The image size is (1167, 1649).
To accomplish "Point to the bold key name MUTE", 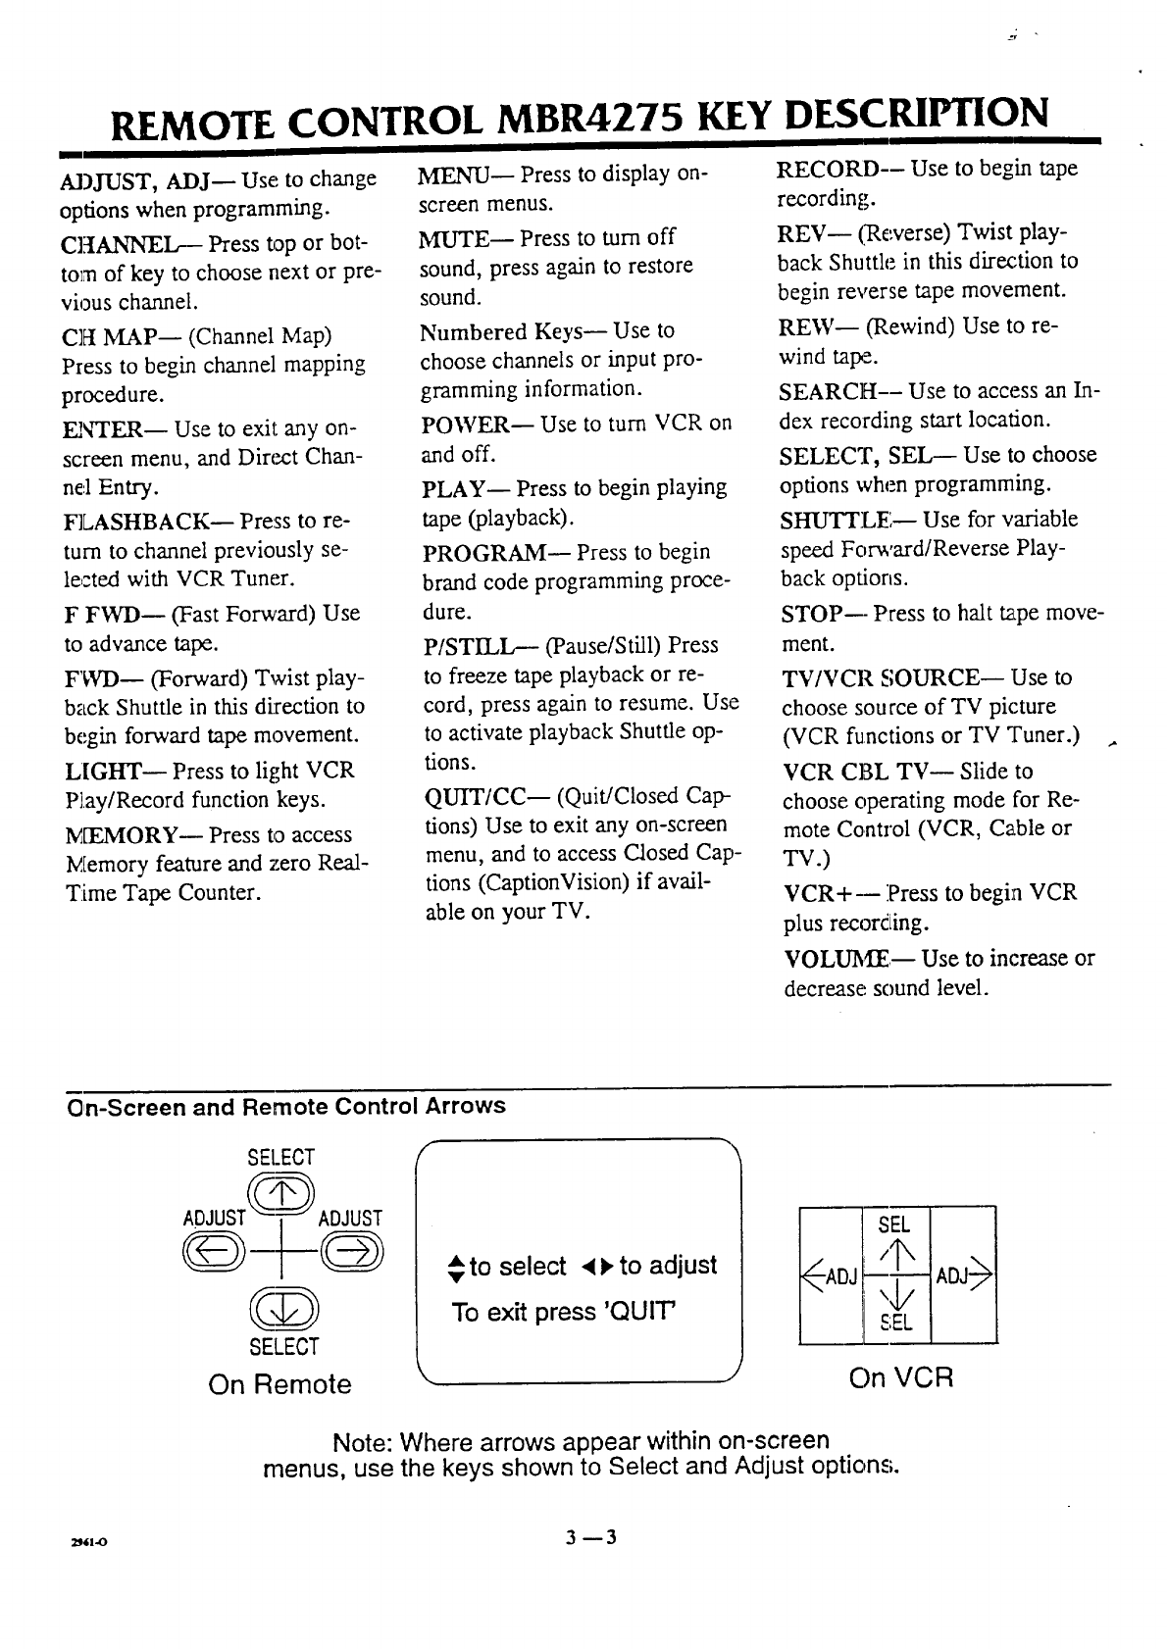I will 459,237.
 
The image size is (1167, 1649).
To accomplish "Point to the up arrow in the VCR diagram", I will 894,1253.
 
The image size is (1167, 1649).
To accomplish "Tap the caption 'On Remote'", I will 279,1384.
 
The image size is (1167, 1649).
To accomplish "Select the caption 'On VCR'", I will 900,1378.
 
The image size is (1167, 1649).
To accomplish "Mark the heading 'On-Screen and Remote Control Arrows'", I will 285,1107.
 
